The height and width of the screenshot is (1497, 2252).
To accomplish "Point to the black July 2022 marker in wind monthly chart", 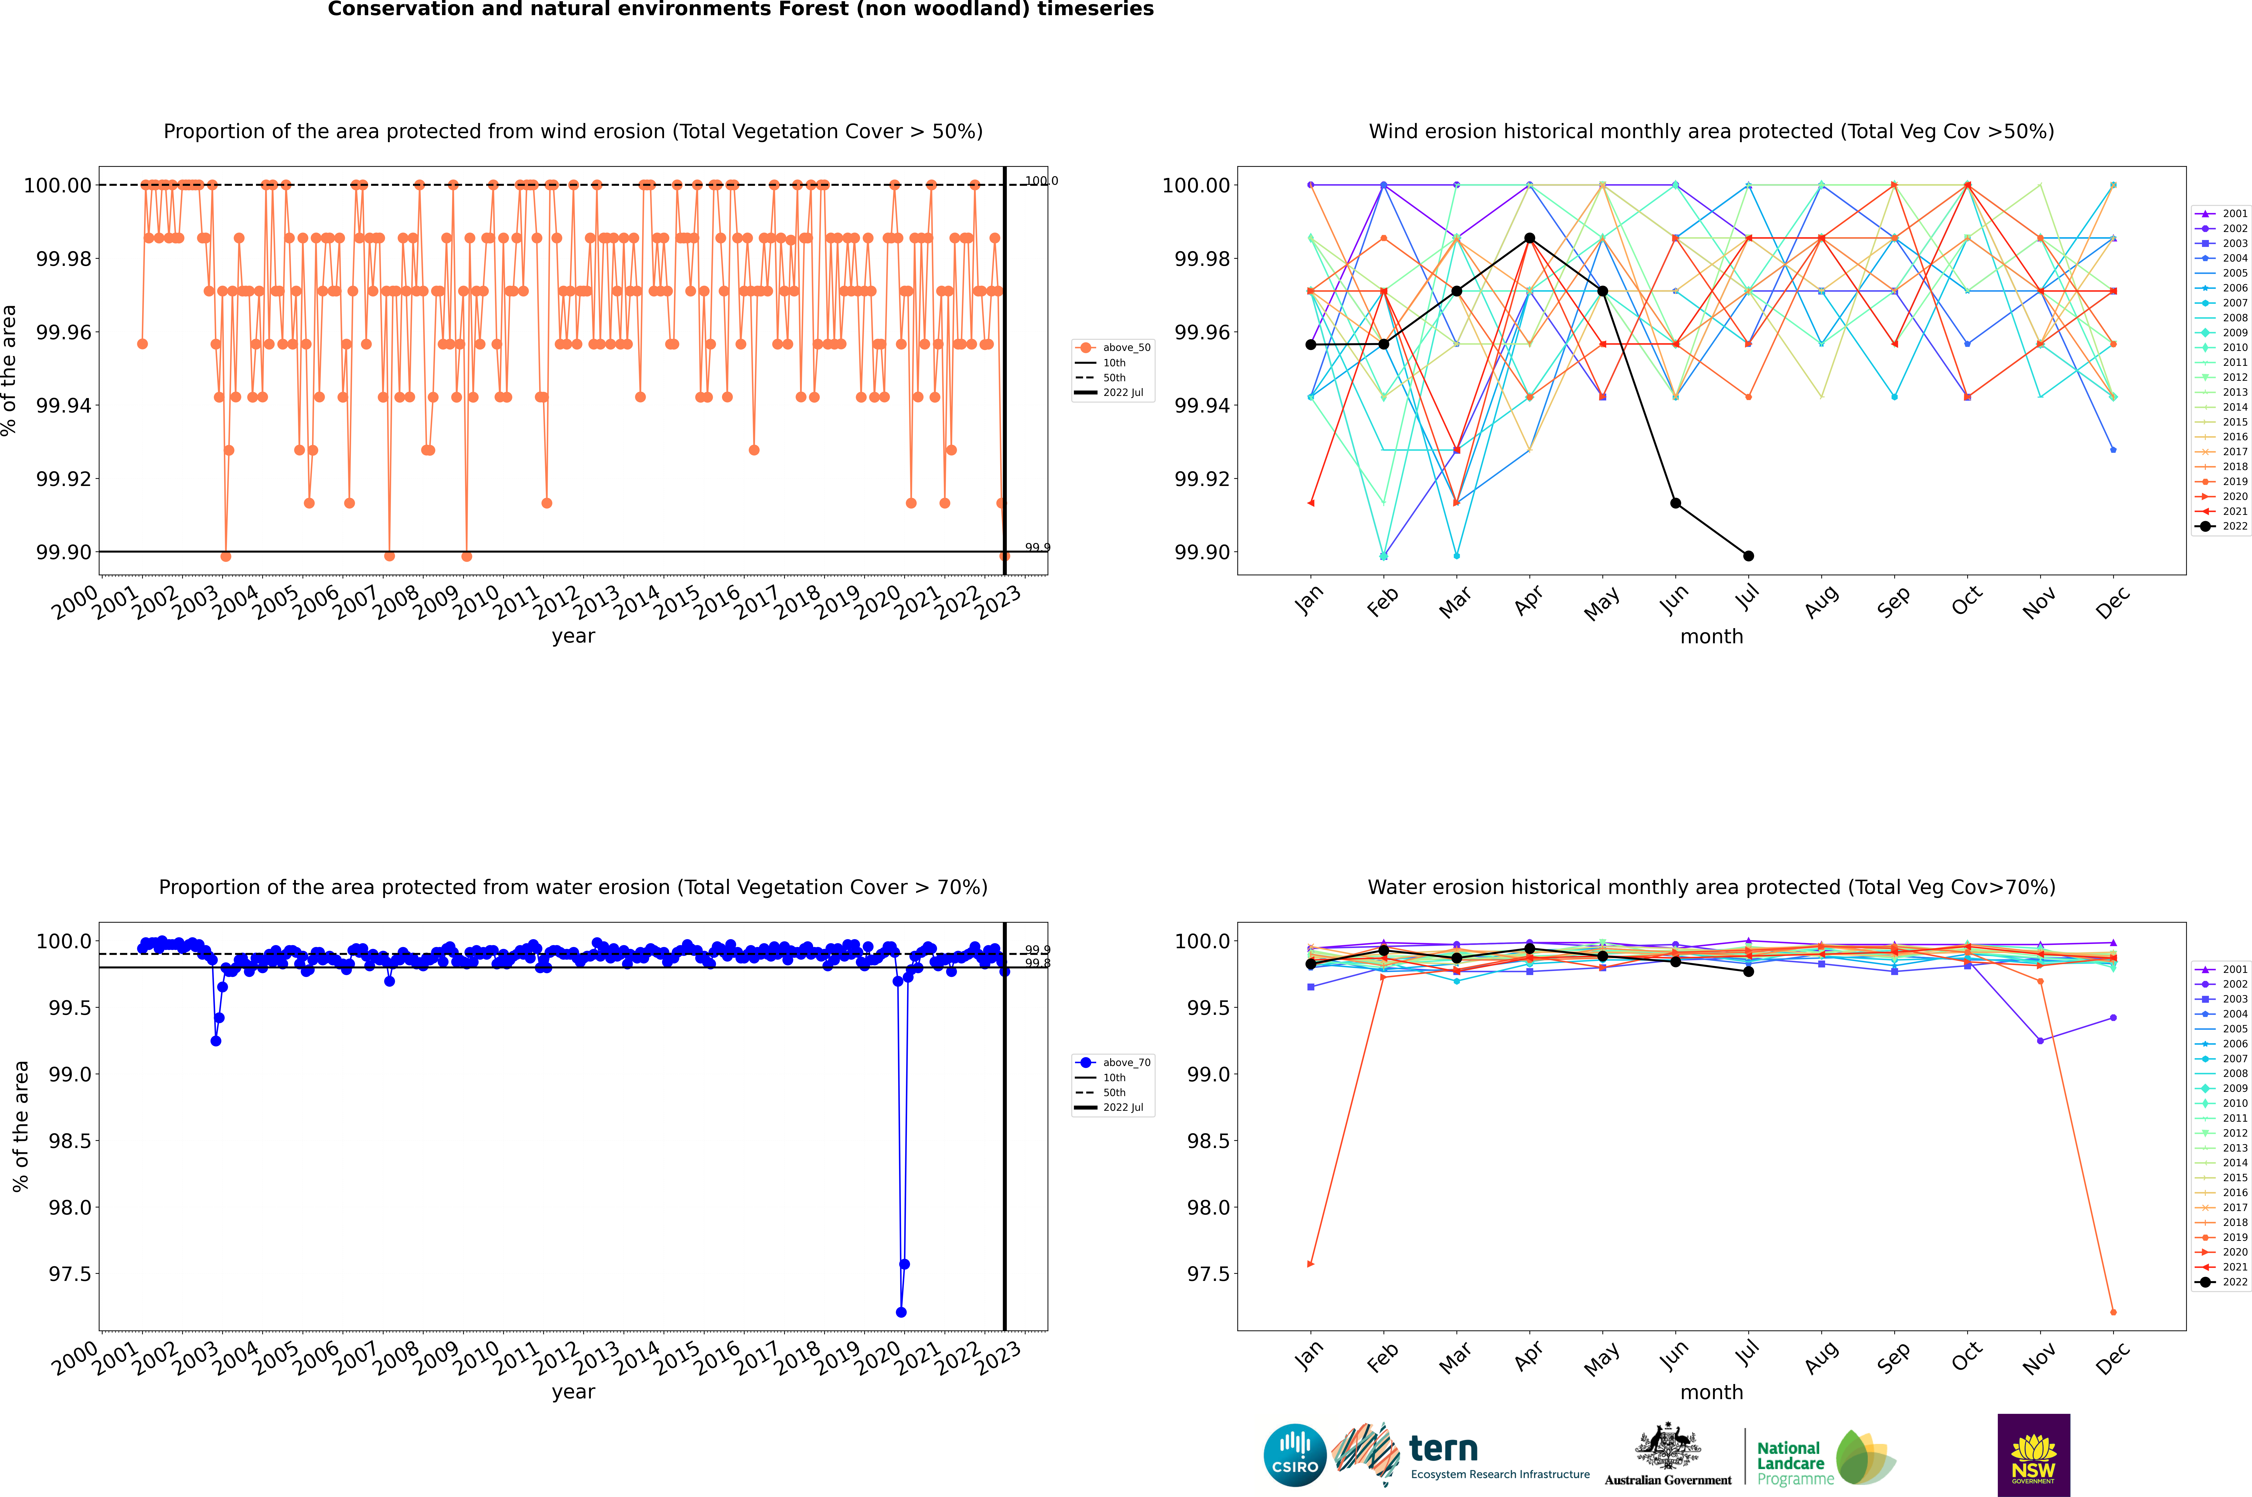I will coord(1748,556).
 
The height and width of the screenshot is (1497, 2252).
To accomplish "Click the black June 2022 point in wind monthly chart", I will coord(1675,503).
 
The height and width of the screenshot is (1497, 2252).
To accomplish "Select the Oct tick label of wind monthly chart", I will coord(1967,601).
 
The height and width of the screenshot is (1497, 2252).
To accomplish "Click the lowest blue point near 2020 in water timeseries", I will coord(901,1312).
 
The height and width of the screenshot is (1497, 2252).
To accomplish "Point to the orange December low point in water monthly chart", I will coord(2113,1312).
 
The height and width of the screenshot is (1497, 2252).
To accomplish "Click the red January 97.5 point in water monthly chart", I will coord(1311,1264).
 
